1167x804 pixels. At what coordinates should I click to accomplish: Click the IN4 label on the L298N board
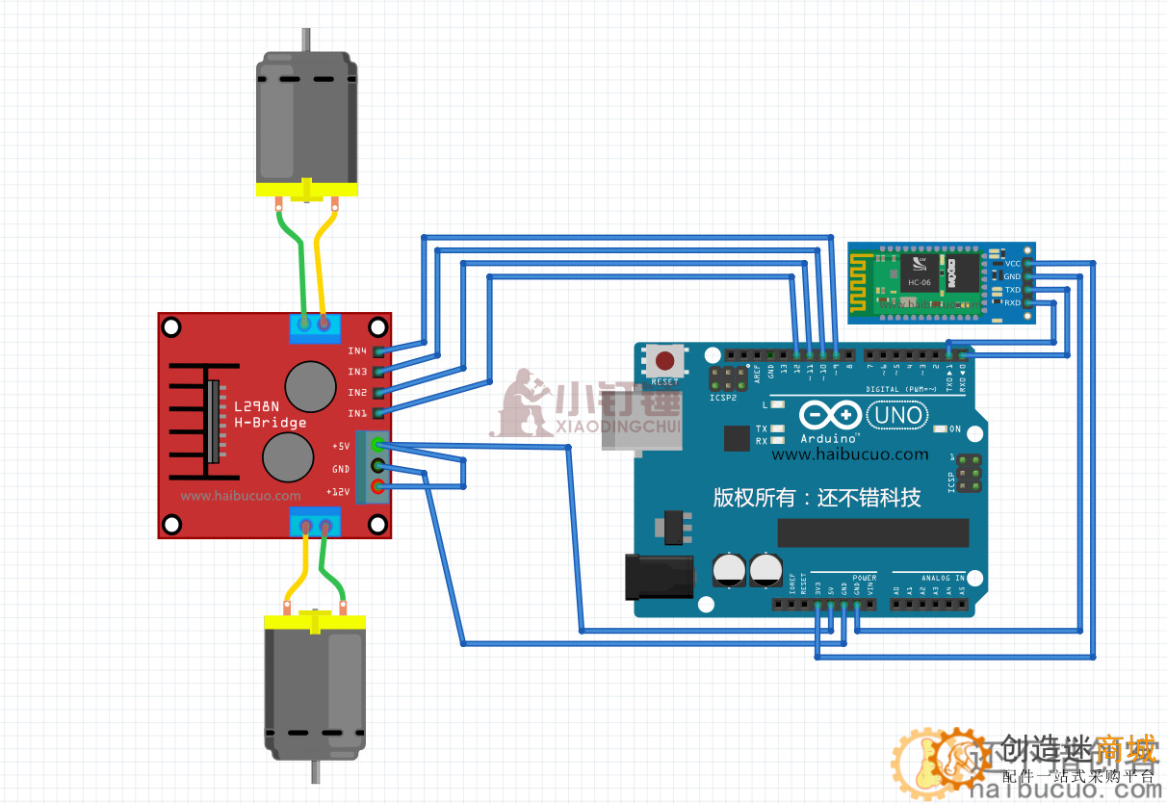(357, 350)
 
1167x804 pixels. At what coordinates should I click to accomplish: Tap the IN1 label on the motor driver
(357, 413)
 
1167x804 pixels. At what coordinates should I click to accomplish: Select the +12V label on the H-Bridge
(338, 492)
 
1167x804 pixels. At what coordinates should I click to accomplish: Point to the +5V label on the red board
(341, 447)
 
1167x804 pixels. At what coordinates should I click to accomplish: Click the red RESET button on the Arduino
(665, 361)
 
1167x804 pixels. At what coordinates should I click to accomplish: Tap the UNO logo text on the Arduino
(896, 416)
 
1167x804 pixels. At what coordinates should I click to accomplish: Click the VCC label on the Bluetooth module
(1012, 263)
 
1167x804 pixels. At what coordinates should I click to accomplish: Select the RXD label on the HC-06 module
(1012, 303)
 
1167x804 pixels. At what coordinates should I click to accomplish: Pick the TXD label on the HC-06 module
(1012, 290)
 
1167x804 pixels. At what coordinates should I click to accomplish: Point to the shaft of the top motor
(306, 41)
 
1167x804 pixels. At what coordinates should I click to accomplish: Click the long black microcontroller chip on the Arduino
(872, 532)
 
